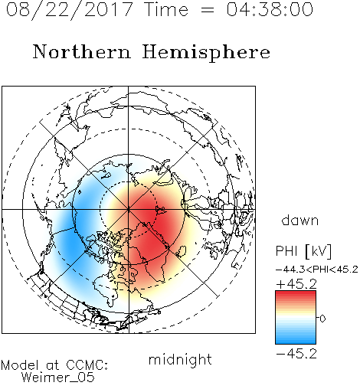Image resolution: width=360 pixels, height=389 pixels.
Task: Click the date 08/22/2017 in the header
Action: click(69, 10)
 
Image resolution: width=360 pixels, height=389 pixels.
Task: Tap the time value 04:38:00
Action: click(270, 9)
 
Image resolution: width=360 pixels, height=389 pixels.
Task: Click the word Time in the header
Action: click(166, 9)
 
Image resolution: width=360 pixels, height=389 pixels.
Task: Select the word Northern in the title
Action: click(82, 51)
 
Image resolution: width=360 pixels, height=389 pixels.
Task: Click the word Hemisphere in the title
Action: click(206, 53)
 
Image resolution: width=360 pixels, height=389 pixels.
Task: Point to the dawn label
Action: click(300, 221)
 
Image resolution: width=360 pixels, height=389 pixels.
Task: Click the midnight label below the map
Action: click(180, 359)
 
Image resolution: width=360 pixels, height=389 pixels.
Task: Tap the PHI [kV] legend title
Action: click(304, 251)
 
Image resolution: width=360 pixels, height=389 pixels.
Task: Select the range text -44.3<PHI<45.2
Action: click(317, 270)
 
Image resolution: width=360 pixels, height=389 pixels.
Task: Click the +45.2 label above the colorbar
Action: click(296, 284)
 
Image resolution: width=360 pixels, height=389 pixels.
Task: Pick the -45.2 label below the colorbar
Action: click(296, 354)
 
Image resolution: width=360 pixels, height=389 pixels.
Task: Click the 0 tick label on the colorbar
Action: click(322, 319)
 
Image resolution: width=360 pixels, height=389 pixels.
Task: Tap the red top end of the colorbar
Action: click(296, 293)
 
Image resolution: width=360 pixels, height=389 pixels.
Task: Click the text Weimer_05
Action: click(58, 378)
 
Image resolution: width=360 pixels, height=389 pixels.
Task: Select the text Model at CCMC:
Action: click(54, 365)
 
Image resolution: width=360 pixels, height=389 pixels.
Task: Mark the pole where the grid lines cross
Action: click(129, 210)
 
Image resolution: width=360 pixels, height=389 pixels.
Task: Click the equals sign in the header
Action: click(207, 11)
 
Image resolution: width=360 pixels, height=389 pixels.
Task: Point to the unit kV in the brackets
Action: click(319, 251)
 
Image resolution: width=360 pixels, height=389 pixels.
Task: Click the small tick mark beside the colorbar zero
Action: click(318, 318)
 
